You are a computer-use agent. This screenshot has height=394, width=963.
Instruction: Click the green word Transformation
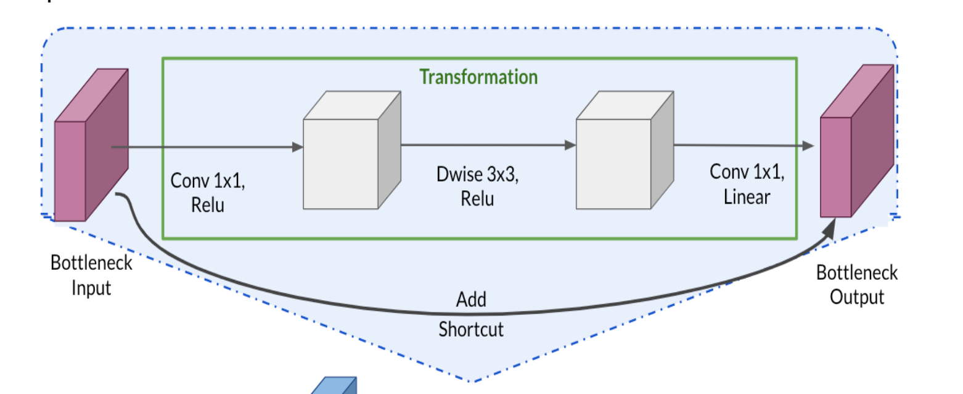click(478, 77)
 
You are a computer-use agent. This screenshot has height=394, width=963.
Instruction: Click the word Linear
click(747, 197)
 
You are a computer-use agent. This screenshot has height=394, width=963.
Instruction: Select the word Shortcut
click(471, 329)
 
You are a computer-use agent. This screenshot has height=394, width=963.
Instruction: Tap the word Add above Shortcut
click(471, 300)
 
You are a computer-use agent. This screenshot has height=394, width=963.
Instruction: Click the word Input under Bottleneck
click(91, 288)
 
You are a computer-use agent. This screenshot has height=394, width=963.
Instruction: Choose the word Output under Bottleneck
click(856, 297)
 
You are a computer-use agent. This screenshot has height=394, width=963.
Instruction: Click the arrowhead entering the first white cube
click(298, 147)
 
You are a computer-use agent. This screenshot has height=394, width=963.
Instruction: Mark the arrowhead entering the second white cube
click(570, 146)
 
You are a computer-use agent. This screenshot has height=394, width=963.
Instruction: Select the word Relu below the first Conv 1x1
click(207, 204)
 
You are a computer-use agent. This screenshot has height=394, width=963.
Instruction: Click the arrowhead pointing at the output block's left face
click(809, 146)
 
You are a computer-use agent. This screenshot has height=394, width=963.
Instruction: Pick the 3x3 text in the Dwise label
click(501, 175)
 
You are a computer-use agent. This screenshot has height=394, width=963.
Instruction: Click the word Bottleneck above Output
click(856, 272)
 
